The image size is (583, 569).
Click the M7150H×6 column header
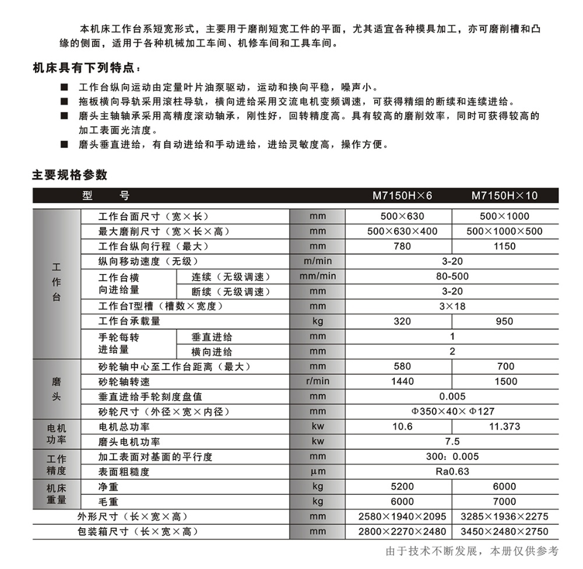click(x=402, y=196)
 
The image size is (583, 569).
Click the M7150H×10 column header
click(x=504, y=196)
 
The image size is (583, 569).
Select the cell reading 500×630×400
click(x=402, y=231)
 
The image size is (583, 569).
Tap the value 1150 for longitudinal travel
click(x=504, y=246)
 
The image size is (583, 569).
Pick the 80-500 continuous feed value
click(x=452, y=276)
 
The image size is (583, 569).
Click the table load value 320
click(x=402, y=321)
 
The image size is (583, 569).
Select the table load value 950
click(x=504, y=321)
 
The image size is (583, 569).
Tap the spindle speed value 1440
click(x=402, y=381)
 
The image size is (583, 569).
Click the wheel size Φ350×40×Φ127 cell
click(x=452, y=412)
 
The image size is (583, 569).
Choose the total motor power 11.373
click(x=504, y=427)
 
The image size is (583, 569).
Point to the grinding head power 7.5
click(x=452, y=441)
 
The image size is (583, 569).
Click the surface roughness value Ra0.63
click(x=452, y=472)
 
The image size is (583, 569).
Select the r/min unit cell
click(x=318, y=381)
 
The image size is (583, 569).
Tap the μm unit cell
click(x=318, y=472)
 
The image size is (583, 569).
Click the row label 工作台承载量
click(x=129, y=321)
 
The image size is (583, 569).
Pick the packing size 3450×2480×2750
click(x=504, y=532)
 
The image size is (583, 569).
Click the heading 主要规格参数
click(x=69, y=175)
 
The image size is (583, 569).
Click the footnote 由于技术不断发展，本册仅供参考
click(x=472, y=551)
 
